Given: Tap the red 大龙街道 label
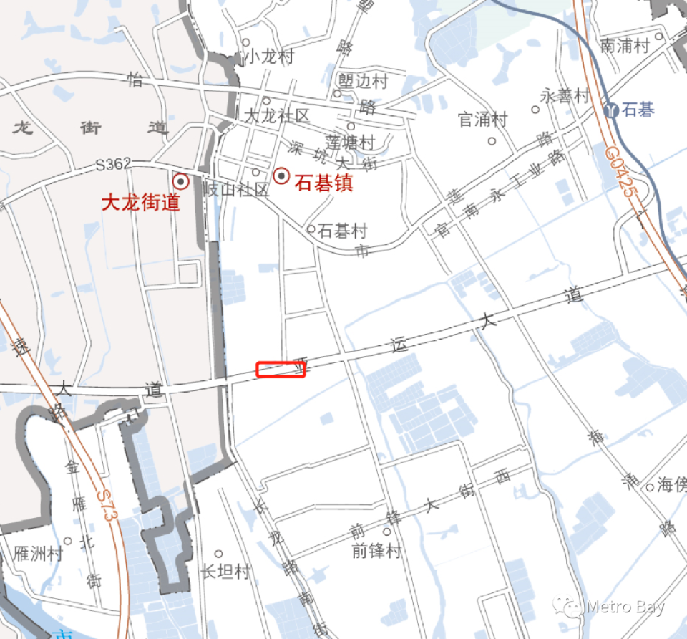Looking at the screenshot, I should pos(140,203).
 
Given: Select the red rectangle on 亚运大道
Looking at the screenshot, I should pos(281,370).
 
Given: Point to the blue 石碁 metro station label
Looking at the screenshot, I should pos(639,110).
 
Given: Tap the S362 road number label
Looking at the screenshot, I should pos(114,165).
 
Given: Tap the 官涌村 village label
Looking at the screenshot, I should pos(483,119).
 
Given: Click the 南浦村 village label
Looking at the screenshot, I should pos(625,46).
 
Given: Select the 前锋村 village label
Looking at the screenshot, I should pos(376,551).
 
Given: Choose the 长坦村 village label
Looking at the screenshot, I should pos(225,572).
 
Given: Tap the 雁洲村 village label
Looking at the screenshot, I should pos(39,554).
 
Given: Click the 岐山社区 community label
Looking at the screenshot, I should pos(236,190).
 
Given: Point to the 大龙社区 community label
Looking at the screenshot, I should pos(277,116).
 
